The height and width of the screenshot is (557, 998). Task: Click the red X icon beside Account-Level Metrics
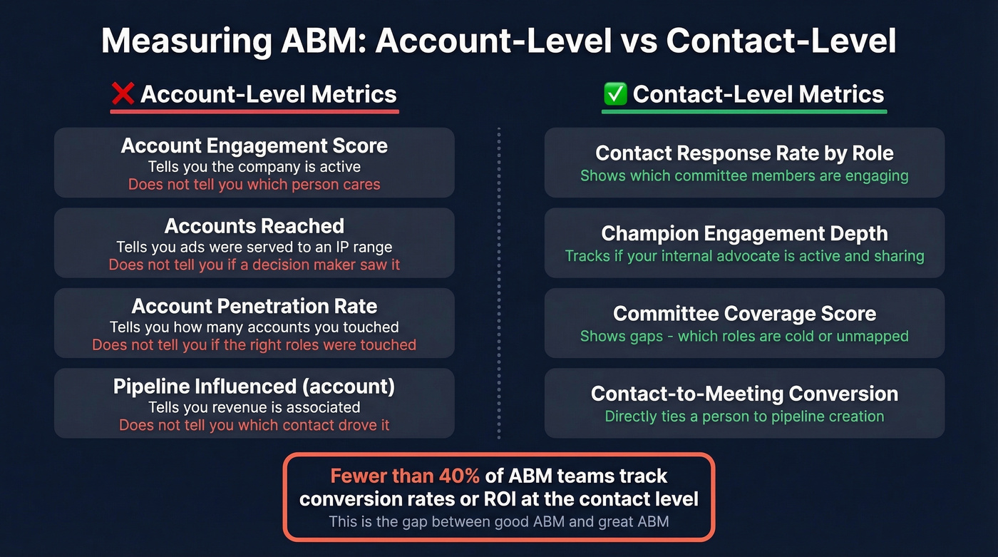pos(122,95)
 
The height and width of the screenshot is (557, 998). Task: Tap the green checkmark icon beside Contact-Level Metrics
pos(614,94)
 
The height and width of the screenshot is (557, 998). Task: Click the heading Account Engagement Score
pos(254,146)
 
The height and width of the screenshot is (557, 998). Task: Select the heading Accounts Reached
pos(254,226)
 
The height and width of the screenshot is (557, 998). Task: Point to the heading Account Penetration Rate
pos(254,307)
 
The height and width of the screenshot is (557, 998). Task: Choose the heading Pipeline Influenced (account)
pos(254,387)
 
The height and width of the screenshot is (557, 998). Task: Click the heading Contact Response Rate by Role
pos(744,153)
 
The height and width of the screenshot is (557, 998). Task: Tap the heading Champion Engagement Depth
pos(744,234)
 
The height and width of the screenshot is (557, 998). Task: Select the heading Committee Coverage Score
pos(744,314)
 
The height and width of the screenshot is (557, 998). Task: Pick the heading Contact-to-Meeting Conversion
pos(744,394)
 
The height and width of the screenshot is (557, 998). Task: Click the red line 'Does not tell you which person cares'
pos(254,185)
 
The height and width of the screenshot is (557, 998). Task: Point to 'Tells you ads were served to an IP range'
pos(254,247)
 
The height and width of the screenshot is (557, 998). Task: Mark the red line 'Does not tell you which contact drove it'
pos(254,426)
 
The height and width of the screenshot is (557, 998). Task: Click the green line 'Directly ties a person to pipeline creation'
pos(744,417)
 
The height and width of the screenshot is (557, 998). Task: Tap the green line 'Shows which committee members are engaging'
pos(744,175)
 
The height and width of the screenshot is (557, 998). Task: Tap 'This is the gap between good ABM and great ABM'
pos(499,521)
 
